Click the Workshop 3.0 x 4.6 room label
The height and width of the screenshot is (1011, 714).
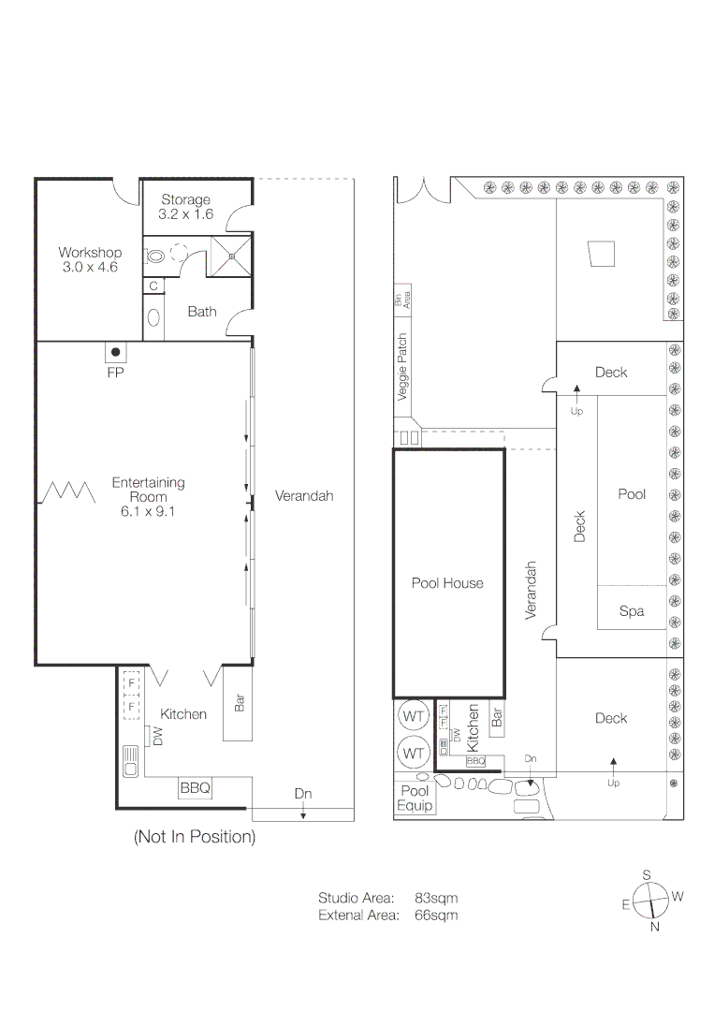(x=90, y=259)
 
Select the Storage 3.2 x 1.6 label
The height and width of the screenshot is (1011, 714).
(x=185, y=207)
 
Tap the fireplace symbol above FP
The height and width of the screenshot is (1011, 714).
(x=116, y=353)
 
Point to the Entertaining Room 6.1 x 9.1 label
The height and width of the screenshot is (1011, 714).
(x=148, y=497)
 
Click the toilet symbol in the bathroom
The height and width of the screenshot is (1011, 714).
(x=155, y=254)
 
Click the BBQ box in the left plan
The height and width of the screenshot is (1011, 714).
(x=195, y=789)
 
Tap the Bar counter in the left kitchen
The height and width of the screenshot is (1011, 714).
(x=239, y=703)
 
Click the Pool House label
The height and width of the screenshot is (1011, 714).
(x=447, y=583)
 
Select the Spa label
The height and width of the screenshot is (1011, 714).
(x=632, y=611)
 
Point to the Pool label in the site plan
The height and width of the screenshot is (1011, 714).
(x=632, y=494)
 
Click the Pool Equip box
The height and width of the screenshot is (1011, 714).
(x=415, y=798)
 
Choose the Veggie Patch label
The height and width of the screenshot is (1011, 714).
(x=403, y=368)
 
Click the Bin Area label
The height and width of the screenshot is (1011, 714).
(x=403, y=300)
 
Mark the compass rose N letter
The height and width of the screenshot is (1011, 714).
(x=655, y=927)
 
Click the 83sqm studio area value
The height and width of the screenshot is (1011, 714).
(x=436, y=899)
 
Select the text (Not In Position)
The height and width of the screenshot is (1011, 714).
(x=194, y=837)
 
